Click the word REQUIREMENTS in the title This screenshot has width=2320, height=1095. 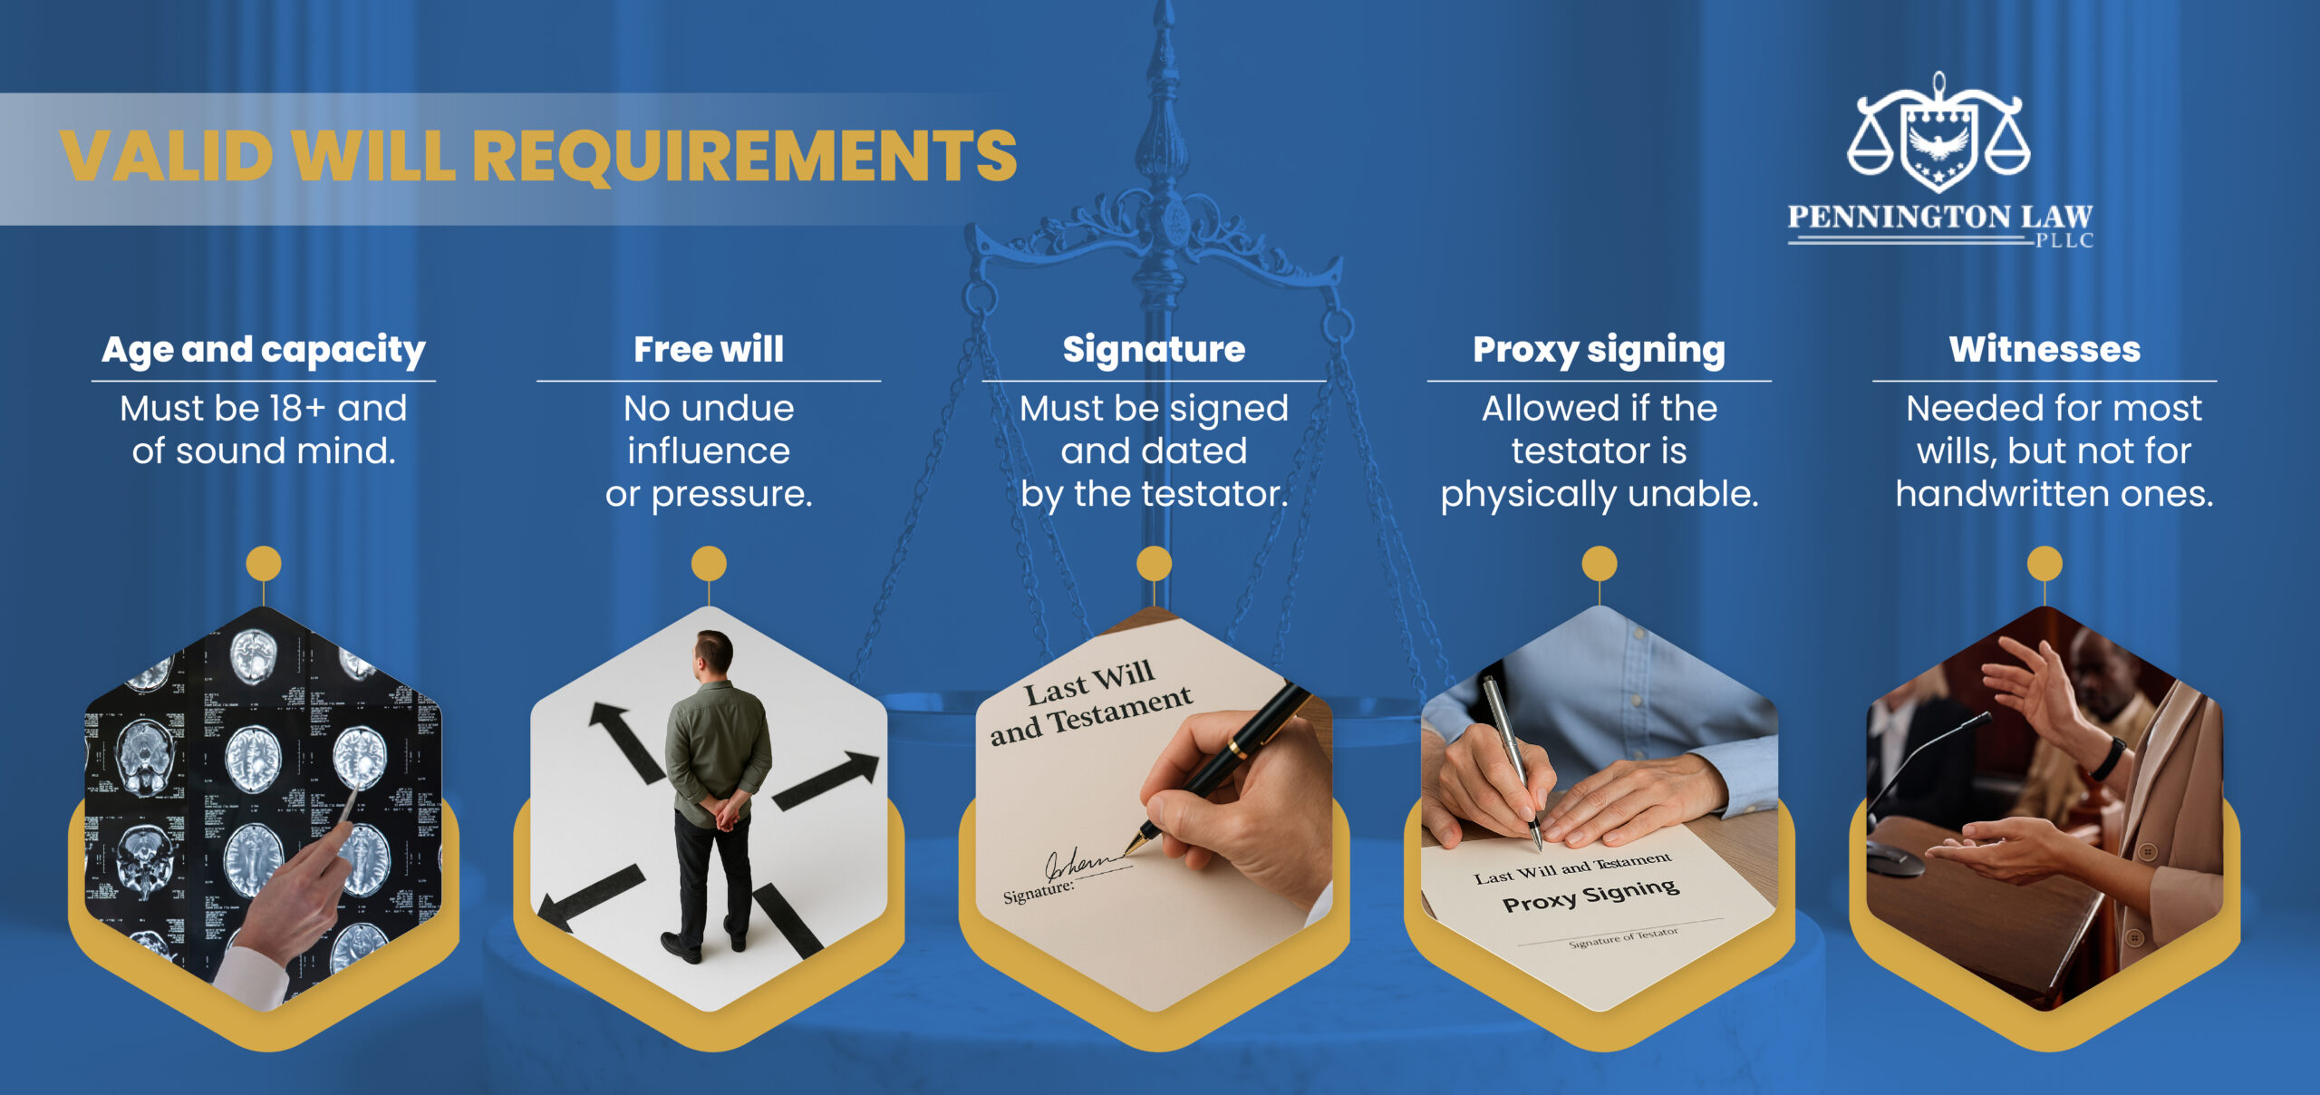click(x=745, y=156)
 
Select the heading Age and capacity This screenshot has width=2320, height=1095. click(x=263, y=350)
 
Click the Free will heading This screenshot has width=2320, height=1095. click(x=709, y=350)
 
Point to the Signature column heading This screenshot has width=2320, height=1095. click(x=1154, y=350)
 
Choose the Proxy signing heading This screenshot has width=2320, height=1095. click(x=1599, y=350)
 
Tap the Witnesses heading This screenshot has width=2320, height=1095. click(x=2044, y=350)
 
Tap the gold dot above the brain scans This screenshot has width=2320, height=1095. click(x=264, y=564)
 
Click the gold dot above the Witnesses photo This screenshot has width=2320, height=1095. click(x=2044, y=564)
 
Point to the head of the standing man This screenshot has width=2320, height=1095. click(x=712, y=651)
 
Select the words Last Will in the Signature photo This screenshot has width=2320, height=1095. click(x=1089, y=683)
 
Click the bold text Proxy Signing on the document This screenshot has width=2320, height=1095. click(x=1590, y=895)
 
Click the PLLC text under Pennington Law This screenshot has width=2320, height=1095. click(x=2064, y=241)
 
